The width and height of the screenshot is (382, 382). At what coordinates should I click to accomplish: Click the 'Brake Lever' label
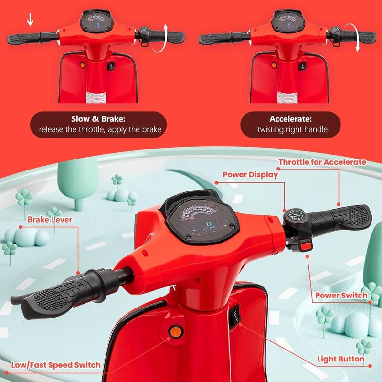pos(50,220)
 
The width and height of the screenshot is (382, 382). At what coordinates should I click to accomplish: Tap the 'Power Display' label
pos(250,174)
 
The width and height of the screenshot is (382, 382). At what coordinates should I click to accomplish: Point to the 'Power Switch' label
pos(341,296)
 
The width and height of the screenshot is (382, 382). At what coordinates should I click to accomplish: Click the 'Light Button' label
pos(341,359)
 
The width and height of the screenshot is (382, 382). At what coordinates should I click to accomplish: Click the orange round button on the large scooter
pos(175,330)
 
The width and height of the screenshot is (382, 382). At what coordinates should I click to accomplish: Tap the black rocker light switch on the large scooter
pos(237,317)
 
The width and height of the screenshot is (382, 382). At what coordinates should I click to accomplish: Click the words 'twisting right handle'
pos(292,129)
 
